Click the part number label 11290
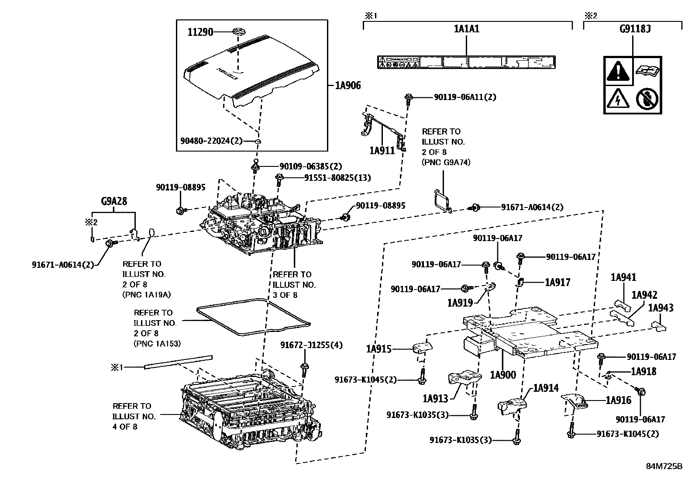[x=200, y=32]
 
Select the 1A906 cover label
[x=348, y=86]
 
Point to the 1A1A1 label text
[x=467, y=29]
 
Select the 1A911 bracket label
[x=382, y=151]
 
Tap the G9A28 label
[x=114, y=202]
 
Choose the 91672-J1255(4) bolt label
[x=311, y=345]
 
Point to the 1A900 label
[x=502, y=375]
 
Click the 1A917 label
[x=557, y=282]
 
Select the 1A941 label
[x=623, y=277]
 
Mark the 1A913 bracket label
[x=435, y=398]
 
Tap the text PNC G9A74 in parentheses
[x=446, y=162]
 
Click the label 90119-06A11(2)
[x=465, y=97]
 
